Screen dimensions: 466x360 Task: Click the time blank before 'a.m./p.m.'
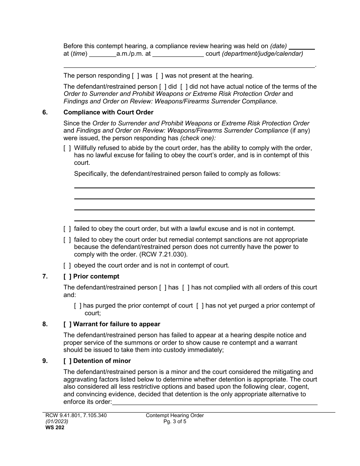tap(103, 54)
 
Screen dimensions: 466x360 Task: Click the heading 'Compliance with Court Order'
tap(108, 112)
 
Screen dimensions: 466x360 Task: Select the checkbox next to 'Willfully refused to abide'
tap(67, 148)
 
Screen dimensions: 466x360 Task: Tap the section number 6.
tap(45, 112)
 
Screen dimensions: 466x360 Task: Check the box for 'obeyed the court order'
tap(67, 265)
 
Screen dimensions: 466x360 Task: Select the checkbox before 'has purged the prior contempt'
tap(78, 306)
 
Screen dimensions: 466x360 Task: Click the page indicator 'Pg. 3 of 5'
tap(175, 421)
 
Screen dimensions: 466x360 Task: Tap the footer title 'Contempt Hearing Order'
tap(175, 416)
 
